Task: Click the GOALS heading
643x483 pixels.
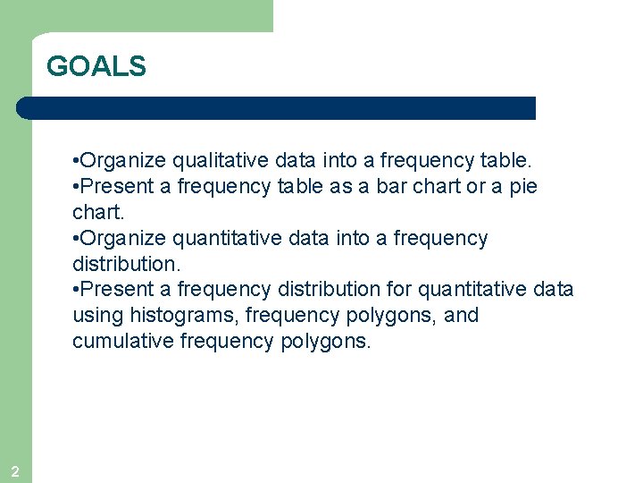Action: coord(96,66)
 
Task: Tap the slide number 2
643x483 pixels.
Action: coord(14,471)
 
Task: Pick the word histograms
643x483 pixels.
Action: coord(176,316)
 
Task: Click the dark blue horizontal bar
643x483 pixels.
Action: coord(277,108)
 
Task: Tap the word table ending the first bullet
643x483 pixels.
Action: coord(505,161)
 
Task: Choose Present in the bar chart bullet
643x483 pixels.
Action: coord(115,187)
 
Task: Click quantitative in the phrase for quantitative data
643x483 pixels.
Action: coord(471,290)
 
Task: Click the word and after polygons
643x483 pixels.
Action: coord(461,316)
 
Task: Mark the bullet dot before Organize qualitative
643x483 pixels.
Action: coord(75,162)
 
